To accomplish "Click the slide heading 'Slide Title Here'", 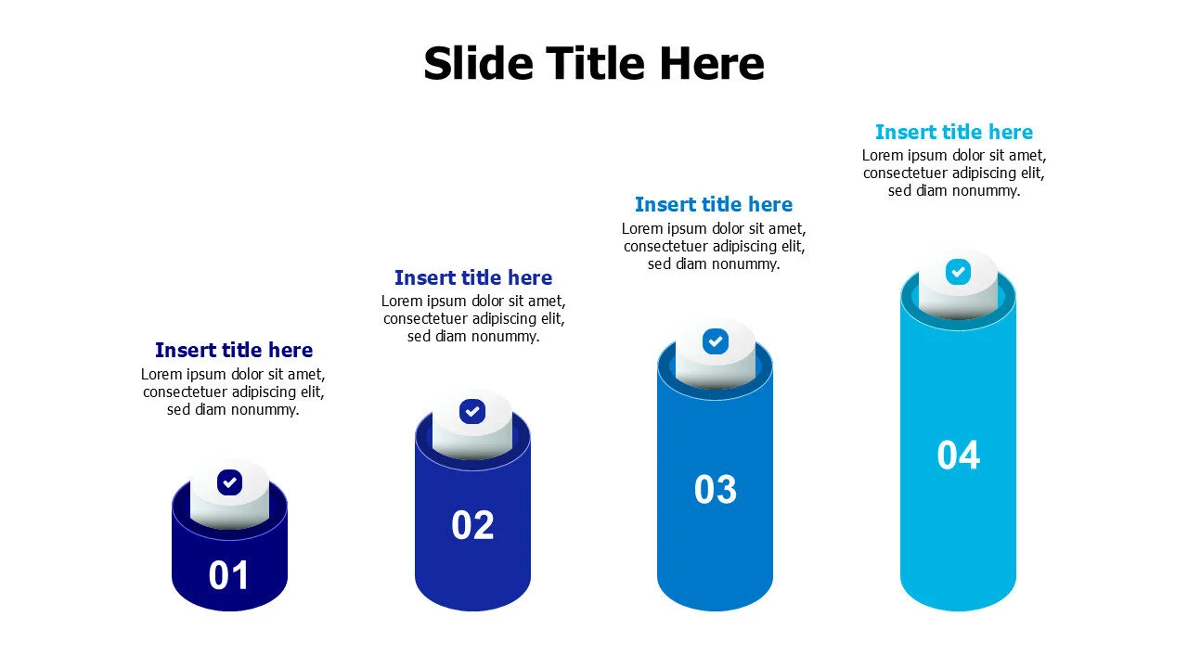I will click(594, 64).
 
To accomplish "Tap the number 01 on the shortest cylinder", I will click(229, 575).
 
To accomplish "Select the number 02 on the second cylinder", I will click(472, 525).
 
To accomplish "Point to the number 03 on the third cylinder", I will click(716, 490).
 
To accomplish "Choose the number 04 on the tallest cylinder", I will click(958, 456).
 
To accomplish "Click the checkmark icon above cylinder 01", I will click(229, 482).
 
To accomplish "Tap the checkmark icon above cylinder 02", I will click(472, 411).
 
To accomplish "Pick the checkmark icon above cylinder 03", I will click(715, 341).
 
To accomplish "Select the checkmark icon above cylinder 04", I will click(958, 272).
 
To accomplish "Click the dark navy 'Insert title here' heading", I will click(234, 351).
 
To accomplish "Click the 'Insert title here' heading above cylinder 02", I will click(473, 278).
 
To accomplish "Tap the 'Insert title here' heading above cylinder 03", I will click(714, 205).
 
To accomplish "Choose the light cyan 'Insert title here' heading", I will click(954, 133).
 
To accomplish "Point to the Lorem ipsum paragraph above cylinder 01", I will click(233, 392).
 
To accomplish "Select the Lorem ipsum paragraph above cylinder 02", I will click(473, 319).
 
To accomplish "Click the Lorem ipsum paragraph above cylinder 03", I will click(714, 246).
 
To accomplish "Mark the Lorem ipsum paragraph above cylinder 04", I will click(954, 173).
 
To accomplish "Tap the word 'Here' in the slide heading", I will click(712, 64).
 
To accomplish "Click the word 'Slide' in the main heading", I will click(479, 64).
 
